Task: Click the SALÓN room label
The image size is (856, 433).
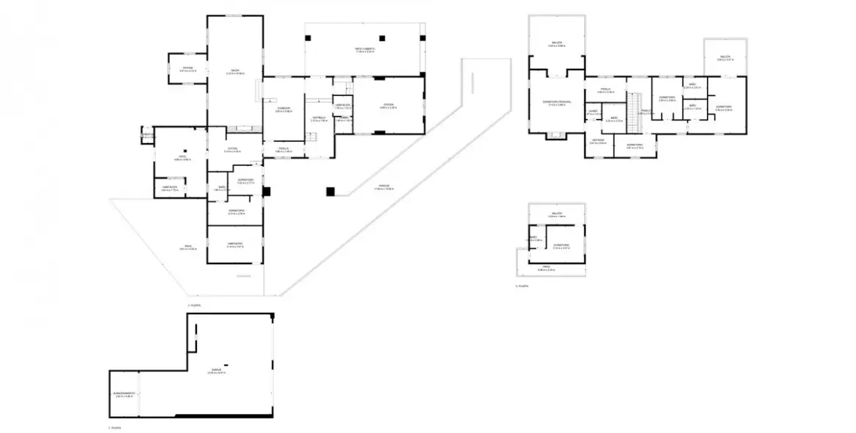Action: [x=234, y=71]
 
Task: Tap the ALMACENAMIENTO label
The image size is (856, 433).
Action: [x=123, y=394]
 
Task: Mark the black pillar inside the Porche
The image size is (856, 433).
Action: [x=331, y=192]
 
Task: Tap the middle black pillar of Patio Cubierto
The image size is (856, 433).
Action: [x=381, y=37]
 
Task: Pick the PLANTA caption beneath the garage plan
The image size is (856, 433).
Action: [x=114, y=426]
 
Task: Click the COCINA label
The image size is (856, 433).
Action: [x=388, y=106]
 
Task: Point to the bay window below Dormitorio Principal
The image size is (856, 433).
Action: [x=556, y=135]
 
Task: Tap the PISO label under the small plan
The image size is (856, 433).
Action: [x=547, y=268]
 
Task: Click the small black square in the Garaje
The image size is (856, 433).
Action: [x=227, y=365]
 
